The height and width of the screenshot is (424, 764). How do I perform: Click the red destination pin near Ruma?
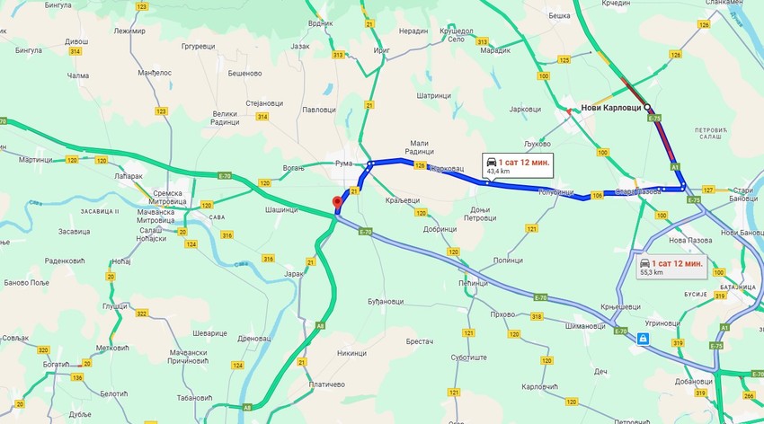(x=337, y=203)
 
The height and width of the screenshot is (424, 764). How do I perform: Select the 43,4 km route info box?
(x=517, y=164)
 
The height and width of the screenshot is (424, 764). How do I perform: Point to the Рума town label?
(x=344, y=164)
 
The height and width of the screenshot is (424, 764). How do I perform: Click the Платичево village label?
(x=326, y=384)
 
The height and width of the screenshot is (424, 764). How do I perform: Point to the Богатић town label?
(x=54, y=363)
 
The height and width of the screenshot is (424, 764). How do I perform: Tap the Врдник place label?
(x=320, y=22)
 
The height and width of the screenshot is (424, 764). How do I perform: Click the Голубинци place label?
(x=555, y=192)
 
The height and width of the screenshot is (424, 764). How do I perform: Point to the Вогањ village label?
(x=293, y=168)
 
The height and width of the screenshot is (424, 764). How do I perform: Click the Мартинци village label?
(x=36, y=159)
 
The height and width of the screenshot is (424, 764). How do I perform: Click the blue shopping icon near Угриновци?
(x=642, y=339)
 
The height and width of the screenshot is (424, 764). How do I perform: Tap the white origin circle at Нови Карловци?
(x=647, y=105)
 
